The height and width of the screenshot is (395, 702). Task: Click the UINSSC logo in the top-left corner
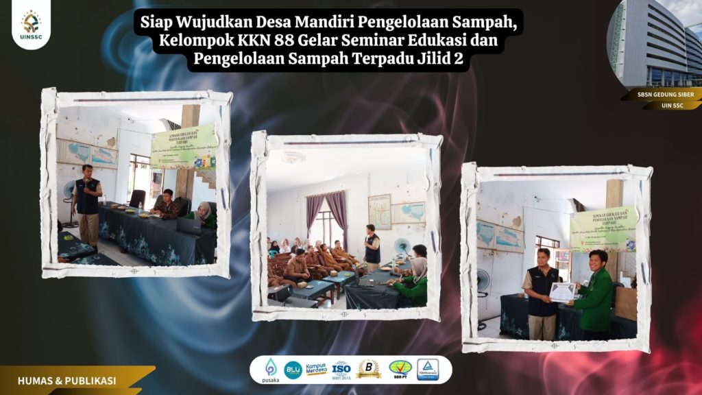pos(31,25)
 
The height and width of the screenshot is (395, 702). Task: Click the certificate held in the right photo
pos(562,292)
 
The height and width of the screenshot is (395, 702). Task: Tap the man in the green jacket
pos(594,295)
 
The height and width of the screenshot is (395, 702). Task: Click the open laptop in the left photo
pos(189,226)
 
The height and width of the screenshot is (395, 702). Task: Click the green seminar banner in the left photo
pos(183,147)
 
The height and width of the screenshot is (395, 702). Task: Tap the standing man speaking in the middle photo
pos(372,248)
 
